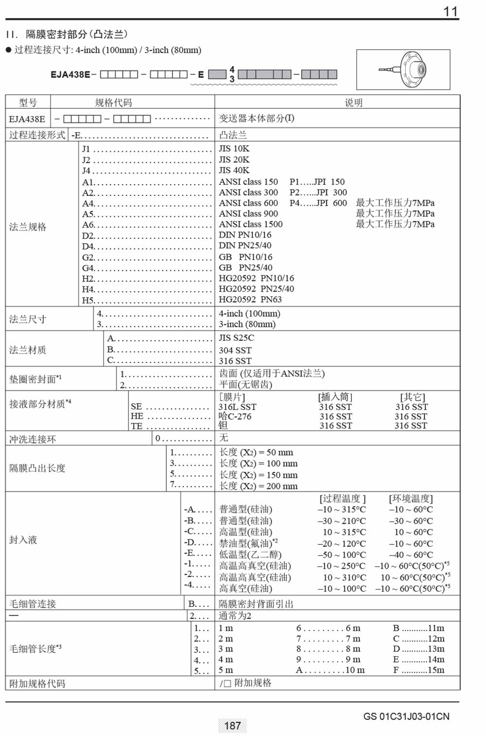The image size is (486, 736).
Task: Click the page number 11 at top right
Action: (451, 11)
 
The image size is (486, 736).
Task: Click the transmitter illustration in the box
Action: (403, 70)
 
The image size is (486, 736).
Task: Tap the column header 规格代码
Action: (113, 103)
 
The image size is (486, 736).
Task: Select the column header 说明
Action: (353, 103)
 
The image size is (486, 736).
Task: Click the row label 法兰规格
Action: (28, 227)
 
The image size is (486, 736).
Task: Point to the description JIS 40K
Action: (234, 170)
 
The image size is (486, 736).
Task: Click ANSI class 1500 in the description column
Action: (250, 224)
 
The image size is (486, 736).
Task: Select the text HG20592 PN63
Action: (250, 299)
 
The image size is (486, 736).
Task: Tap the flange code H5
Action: (87, 300)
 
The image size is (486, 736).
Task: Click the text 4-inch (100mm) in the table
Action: (249, 314)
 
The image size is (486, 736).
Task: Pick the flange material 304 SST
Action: (235, 350)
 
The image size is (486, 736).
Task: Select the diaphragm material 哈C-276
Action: (235, 416)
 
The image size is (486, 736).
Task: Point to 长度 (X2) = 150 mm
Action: (258, 475)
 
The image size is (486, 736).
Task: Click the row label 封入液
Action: (23, 540)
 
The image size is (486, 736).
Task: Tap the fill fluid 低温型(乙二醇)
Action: (250, 555)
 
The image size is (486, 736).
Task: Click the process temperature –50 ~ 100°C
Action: (341, 555)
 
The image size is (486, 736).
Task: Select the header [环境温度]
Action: (411, 498)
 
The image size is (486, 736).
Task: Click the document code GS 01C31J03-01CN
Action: (406, 717)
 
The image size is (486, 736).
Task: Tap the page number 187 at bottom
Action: (232, 726)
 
